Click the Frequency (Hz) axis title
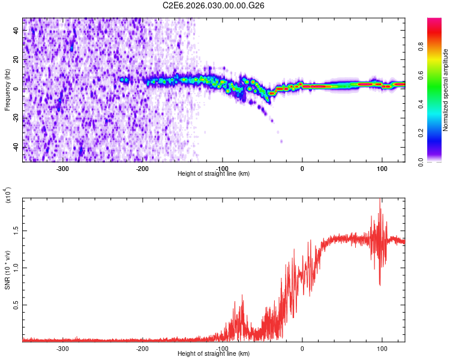point(7,90)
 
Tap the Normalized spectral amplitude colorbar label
point(446,91)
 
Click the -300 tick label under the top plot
point(62,168)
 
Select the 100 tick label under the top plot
point(382,168)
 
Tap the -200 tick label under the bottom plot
point(142,348)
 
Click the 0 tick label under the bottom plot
point(302,348)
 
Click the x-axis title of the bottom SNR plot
point(214,354)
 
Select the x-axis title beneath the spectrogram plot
point(214,174)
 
